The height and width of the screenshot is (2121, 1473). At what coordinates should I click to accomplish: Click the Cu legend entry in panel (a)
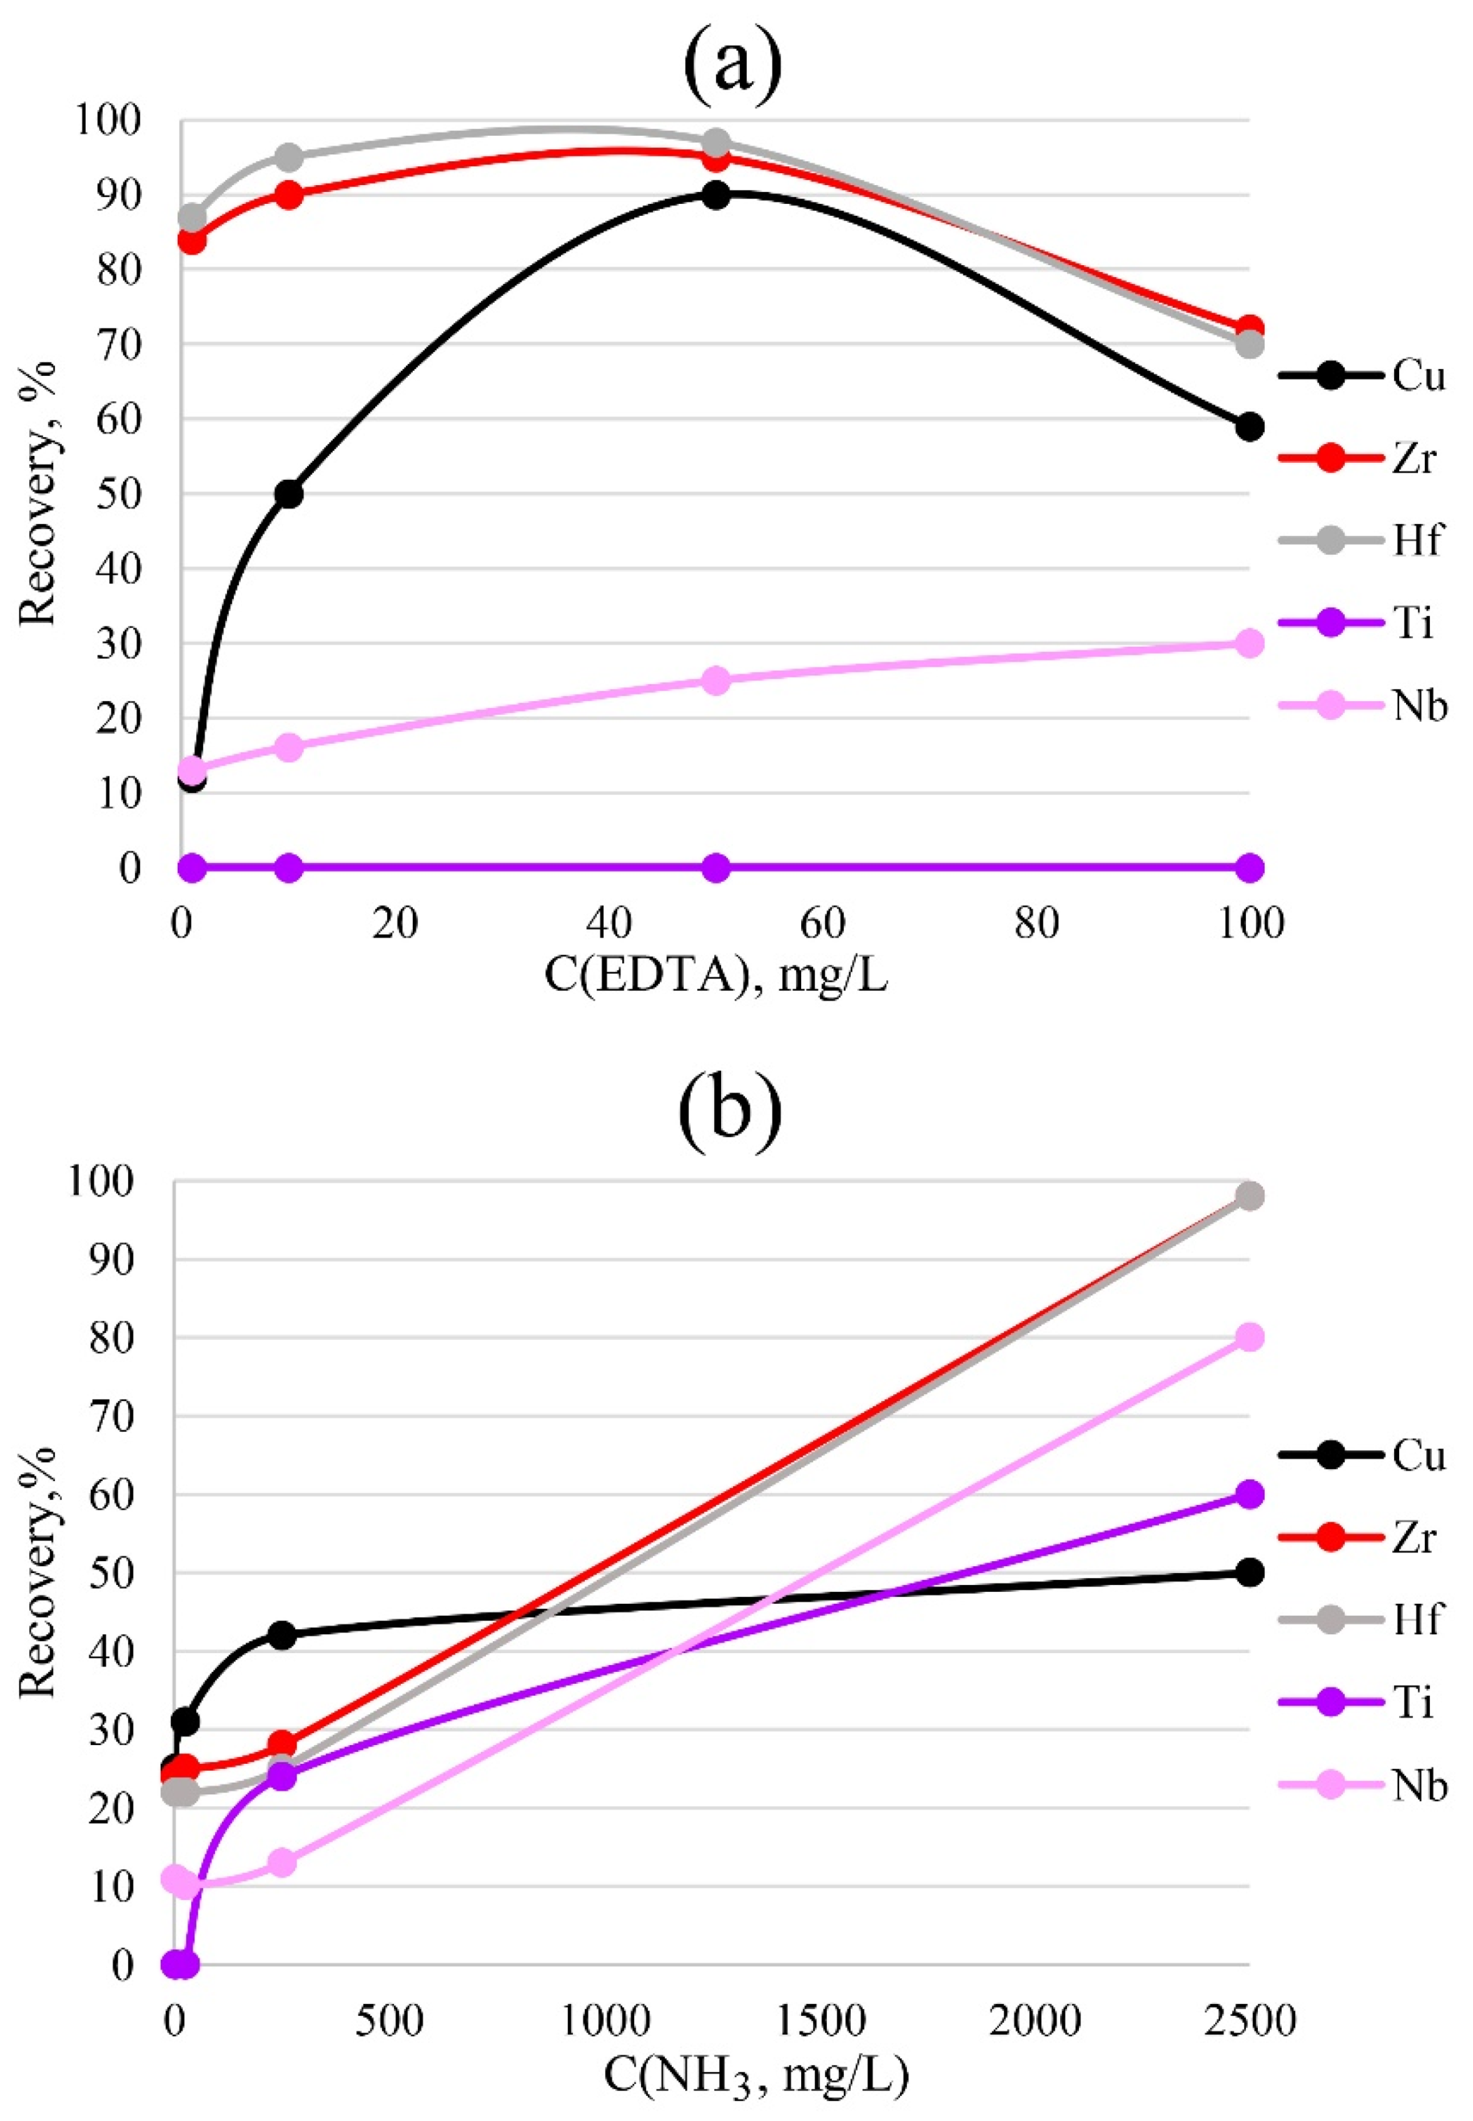pos(1361,376)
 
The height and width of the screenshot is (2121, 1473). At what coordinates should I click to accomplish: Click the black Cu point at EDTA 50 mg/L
pos(715,195)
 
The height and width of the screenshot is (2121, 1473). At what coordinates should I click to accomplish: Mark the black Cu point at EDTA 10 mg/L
pos(289,494)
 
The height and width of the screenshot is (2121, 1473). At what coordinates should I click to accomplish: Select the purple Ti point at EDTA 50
pos(715,868)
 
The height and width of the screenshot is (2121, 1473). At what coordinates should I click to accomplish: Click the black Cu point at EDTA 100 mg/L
pos(1249,426)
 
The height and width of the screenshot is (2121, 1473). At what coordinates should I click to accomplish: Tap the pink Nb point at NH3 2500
pos(1249,1337)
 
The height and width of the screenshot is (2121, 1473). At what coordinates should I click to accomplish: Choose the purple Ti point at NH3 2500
pos(1249,1494)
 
